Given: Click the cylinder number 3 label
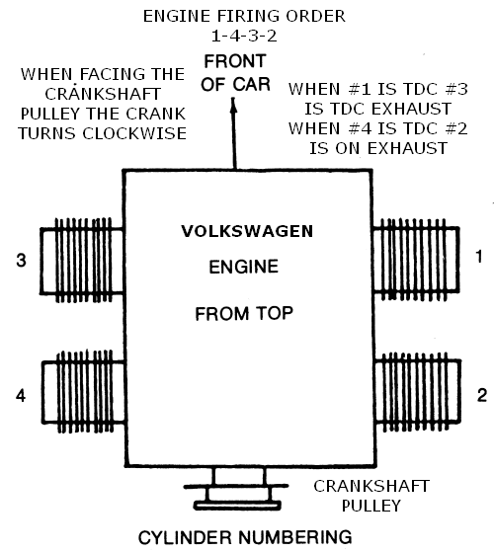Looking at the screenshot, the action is click(21, 261).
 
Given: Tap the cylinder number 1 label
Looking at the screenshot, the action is click(479, 257).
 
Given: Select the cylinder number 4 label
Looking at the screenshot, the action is click(21, 395).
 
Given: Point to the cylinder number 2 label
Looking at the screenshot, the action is click(482, 395).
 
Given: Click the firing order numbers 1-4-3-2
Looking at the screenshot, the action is click(244, 36).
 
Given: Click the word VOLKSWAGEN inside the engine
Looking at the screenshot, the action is click(247, 231).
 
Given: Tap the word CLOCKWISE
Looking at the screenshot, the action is click(134, 133).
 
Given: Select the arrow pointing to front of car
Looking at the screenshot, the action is click(234, 133).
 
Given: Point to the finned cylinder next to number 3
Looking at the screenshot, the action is click(82, 261).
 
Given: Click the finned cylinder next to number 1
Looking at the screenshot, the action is click(416, 260).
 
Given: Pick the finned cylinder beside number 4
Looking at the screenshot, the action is click(83, 392).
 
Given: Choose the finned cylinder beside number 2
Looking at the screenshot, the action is click(418, 392).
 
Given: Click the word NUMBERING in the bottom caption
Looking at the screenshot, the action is click(295, 537).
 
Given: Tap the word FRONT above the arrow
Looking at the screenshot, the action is click(235, 61).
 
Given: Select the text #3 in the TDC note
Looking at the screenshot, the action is click(456, 89).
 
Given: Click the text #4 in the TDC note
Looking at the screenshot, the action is click(361, 128).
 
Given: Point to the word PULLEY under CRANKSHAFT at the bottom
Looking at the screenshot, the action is click(371, 506).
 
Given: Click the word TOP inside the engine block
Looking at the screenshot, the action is click(275, 313).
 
